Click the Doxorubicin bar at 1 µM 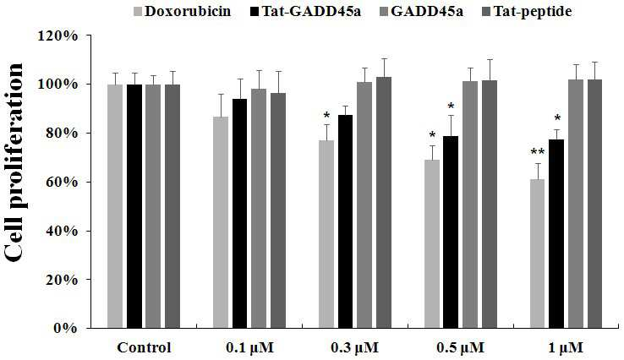pos(537,254)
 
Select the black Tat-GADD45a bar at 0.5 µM pos(451,232)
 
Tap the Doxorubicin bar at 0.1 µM pos(221,222)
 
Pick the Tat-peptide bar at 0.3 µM pos(384,203)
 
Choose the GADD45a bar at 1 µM pos(576,204)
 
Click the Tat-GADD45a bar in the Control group pos(134,206)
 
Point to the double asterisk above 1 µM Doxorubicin pos(537,152)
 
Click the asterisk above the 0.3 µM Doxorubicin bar pos(326,116)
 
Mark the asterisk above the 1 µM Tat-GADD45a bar pos(557,118)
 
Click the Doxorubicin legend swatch pos(138,11)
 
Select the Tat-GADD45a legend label pos(311,11)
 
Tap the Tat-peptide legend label pos(533,11)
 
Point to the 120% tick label pos(57,36)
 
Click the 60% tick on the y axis pos(89,182)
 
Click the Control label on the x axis pos(144,347)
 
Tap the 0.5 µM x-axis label pos(461,347)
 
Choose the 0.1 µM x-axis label pos(250,347)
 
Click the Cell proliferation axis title pos(14,162)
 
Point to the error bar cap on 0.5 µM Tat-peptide pos(490,60)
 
